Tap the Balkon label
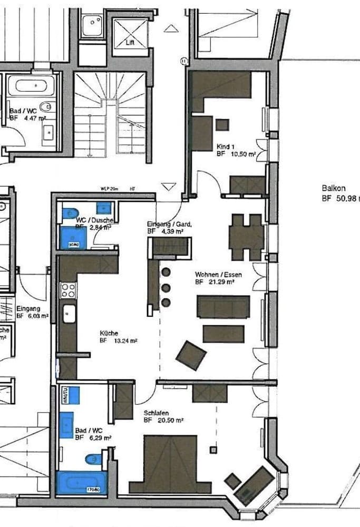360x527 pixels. pos(333,188)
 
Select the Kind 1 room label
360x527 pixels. pos(226,146)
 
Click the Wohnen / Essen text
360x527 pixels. pos(215,275)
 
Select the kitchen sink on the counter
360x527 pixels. pos(68,315)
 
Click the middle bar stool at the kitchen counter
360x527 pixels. pos(166,288)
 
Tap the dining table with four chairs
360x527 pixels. pos(246,237)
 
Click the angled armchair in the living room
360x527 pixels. pos(191,355)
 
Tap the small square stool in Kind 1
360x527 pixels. pos(222,125)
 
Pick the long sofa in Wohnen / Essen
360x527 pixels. pos(223,307)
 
